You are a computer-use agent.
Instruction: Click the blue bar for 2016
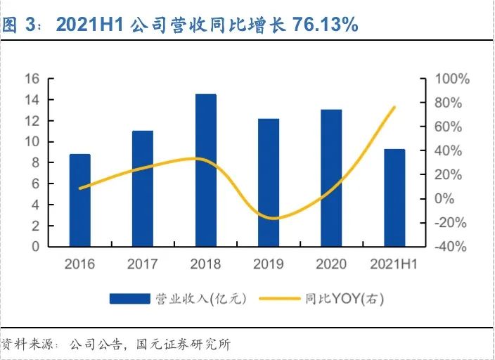click(x=80, y=200)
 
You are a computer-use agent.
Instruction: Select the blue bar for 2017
click(x=143, y=188)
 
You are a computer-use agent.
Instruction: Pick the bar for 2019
click(x=268, y=183)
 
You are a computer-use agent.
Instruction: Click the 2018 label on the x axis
click(x=205, y=264)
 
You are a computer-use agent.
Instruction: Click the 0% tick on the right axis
click(x=444, y=198)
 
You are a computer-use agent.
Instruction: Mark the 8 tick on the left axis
click(x=34, y=162)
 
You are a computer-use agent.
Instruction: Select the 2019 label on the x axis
click(x=268, y=264)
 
